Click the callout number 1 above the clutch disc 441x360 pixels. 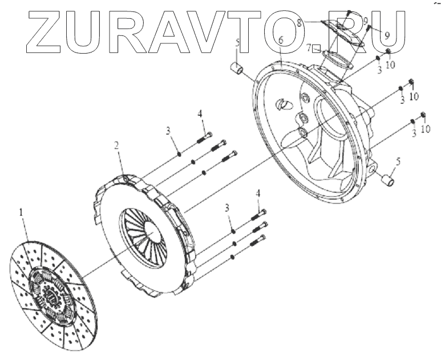(x=22, y=213)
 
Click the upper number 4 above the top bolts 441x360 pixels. (x=201, y=114)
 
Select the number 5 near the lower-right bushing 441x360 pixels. (x=397, y=161)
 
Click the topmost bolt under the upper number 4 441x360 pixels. (x=205, y=137)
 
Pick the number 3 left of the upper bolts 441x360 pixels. (x=168, y=131)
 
